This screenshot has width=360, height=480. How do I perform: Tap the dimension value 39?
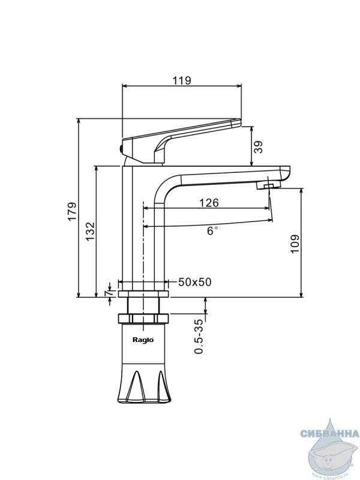point(258,146)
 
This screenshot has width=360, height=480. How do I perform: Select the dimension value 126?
point(208,203)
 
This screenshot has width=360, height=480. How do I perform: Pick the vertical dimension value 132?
point(89,231)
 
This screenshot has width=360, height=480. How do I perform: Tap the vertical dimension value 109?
point(295,243)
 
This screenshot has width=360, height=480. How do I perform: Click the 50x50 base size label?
point(194,282)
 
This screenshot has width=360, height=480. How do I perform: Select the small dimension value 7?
point(109,292)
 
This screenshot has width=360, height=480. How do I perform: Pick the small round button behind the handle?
point(120,146)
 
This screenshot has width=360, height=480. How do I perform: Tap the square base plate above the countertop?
point(143,294)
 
